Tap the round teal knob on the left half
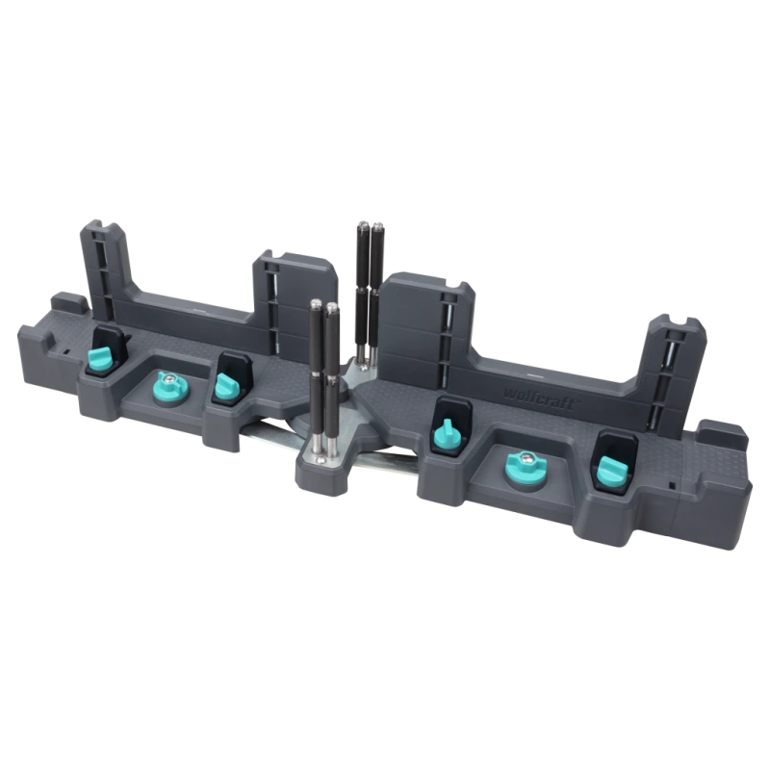tap(168, 387)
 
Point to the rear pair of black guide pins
tap(365, 289)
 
